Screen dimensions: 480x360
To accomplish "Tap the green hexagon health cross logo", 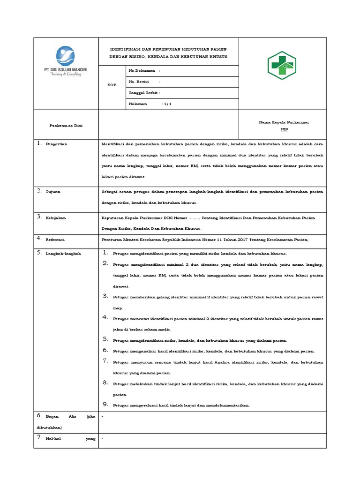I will (x=281, y=65).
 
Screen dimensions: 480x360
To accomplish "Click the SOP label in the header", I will (x=112, y=85).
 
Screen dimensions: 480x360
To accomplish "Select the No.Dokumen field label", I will (x=142, y=71).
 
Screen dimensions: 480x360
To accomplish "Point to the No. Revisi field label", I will (x=139, y=82).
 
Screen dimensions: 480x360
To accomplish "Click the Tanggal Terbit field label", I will (x=143, y=93).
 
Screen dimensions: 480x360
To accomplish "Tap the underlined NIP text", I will (x=284, y=128).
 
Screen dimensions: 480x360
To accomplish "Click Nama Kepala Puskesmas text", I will (x=284, y=122).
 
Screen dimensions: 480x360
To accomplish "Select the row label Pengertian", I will (x=56, y=144).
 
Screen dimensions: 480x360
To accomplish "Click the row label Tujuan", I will (x=52, y=192).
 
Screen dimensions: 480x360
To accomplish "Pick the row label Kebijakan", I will (x=56, y=218).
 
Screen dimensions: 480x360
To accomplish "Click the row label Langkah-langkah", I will (x=63, y=254).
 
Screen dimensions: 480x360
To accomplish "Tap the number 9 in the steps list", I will (x=105, y=404).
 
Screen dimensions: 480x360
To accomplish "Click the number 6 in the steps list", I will (x=105, y=350).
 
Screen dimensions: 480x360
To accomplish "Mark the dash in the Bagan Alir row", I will (x=102, y=416).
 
